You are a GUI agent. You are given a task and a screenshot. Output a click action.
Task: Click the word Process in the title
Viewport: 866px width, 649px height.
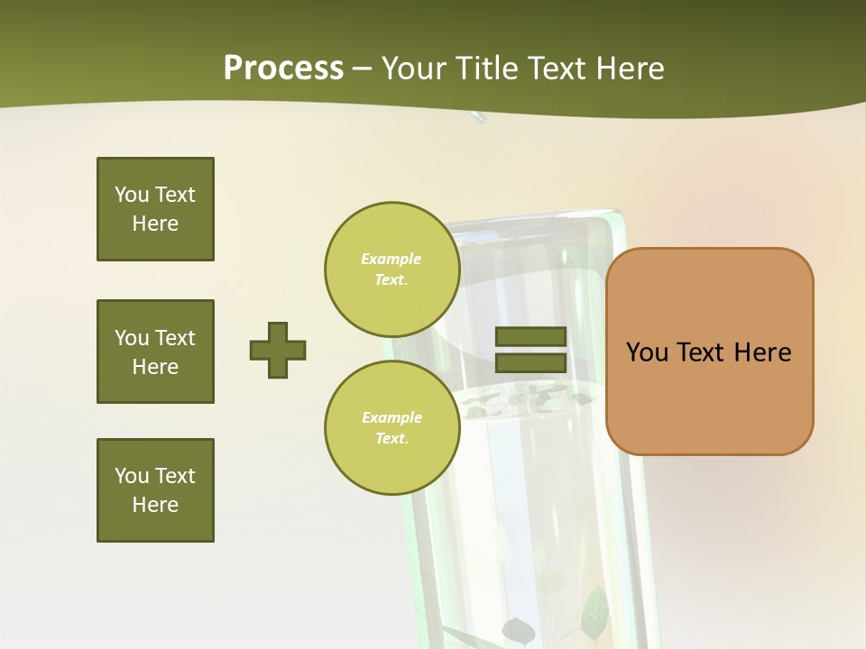(x=283, y=68)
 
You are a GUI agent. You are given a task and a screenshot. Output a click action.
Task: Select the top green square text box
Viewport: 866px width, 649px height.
(x=155, y=209)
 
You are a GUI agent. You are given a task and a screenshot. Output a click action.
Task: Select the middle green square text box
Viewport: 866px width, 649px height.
(x=155, y=352)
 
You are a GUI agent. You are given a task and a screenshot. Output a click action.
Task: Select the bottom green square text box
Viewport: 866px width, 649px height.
(x=155, y=490)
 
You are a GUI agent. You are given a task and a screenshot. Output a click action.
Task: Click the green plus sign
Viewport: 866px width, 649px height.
(x=278, y=350)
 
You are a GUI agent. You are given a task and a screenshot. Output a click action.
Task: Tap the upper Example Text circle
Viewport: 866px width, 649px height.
(x=392, y=269)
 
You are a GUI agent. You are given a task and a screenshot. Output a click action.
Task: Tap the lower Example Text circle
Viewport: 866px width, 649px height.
(x=392, y=427)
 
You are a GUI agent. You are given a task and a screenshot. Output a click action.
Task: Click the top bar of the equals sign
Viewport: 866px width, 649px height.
(x=530, y=336)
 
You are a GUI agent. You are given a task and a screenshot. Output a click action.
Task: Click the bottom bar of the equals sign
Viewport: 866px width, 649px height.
(x=530, y=363)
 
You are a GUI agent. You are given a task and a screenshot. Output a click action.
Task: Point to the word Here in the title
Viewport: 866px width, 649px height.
(x=630, y=69)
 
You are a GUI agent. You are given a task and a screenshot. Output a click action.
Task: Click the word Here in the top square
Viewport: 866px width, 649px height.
(x=155, y=224)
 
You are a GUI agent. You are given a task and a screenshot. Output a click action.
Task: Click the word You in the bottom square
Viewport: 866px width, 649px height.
(x=133, y=476)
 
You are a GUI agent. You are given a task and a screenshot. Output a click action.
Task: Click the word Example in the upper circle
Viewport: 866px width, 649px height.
(x=391, y=259)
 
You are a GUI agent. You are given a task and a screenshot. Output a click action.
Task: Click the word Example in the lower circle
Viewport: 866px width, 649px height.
(x=392, y=417)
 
